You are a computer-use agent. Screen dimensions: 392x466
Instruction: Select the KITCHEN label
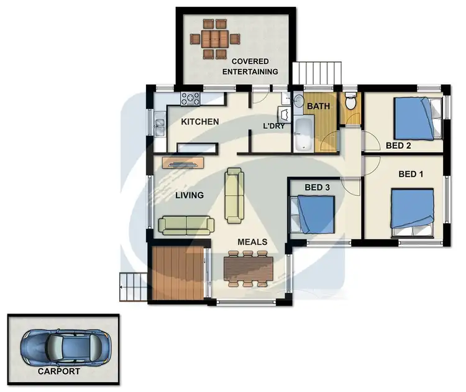point(199,121)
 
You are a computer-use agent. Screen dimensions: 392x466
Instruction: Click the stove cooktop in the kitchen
point(190,98)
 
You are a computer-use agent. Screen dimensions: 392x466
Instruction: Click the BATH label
point(318,106)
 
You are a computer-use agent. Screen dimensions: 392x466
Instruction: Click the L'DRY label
point(273,126)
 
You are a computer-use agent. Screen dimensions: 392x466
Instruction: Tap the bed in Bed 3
point(314,213)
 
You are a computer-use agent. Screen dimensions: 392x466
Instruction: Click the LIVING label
point(189,195)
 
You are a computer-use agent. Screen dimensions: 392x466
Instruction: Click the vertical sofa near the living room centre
point(235,195)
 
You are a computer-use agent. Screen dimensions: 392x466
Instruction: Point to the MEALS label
point(252,241)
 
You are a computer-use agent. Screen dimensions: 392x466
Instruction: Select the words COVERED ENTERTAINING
point(250,66)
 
